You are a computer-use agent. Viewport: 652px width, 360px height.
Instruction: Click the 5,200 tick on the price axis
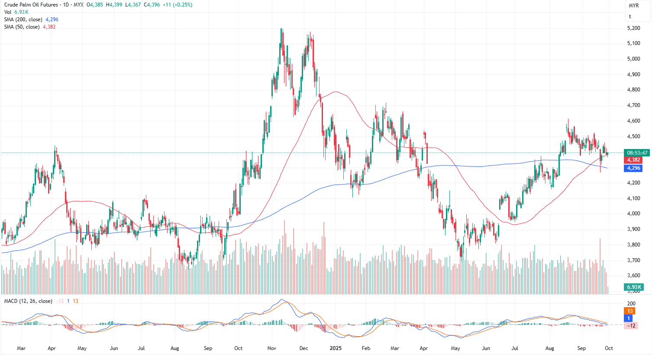click(x=633, y=28)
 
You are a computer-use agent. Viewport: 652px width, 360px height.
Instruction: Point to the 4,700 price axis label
click(x=633, y=105)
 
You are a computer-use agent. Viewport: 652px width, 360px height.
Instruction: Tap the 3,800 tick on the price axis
click(x=633, y=245)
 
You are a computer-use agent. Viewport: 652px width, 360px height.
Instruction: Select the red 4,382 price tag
click(x=633, y=160)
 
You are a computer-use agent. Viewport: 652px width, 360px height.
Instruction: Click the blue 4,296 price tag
click(x=633, y=168)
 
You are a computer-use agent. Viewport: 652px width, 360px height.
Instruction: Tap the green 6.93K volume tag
click(x=633, y=287)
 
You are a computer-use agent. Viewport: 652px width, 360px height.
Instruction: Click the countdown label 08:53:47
click(x=637, y=153)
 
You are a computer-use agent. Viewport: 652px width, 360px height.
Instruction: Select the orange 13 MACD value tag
click(x=630, y=311)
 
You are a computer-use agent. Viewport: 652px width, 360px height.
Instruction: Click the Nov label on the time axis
click(x=272, y=348)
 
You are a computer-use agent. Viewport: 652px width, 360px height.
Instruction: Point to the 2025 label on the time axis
click(x=336, y=348)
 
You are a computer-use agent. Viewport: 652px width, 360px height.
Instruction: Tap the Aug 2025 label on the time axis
click(x=549, y=348)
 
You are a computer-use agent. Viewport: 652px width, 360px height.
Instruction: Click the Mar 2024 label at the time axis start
click(x=21, y=348)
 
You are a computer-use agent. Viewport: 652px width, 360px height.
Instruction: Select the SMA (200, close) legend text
click(x=23, y=19)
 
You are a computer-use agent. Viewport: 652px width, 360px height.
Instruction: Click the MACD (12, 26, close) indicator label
click(x=28, y=301)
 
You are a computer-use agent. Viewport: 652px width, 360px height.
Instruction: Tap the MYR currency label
click(x=634, y=6)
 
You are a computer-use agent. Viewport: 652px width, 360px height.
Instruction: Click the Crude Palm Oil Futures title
click(x=31, y=5)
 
